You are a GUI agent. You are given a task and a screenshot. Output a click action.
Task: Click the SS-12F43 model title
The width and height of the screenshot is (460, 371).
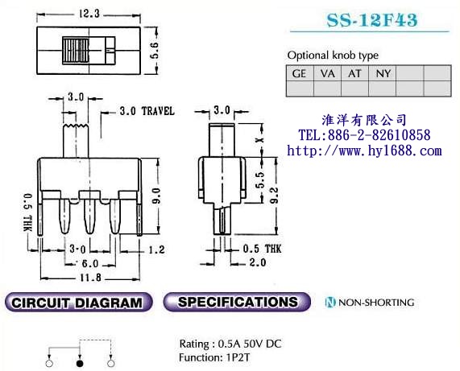pos(371,20)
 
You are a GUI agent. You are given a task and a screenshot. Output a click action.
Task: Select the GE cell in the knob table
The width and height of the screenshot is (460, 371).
pos(300,73)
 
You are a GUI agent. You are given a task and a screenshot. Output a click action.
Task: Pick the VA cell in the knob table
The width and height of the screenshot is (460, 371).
pos(327,73)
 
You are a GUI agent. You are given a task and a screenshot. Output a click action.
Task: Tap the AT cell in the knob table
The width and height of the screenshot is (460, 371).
pos(354,73)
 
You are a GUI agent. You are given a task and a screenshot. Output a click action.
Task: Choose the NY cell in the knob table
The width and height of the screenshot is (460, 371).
pos(383,73)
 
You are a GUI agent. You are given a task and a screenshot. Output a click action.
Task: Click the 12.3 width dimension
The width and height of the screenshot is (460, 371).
pos(89,14)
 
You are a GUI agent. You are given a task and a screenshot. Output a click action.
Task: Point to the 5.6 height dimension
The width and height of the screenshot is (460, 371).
pos(155,50)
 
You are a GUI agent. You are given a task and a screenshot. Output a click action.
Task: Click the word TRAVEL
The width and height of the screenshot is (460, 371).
pos(158,111)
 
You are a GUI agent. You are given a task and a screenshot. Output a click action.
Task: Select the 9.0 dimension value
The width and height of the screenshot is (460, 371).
pos(157,196)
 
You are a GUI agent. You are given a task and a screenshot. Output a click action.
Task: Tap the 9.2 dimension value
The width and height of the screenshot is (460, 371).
pos(275,196)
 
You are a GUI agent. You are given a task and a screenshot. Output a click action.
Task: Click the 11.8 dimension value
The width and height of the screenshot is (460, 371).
pos(91,277)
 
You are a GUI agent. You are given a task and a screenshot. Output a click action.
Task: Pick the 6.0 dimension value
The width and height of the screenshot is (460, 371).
pos(89,264)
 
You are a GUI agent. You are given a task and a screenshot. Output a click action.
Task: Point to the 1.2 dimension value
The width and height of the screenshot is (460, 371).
pos(156,249)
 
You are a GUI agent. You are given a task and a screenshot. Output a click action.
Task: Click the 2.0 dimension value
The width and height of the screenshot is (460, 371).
pos(258,262)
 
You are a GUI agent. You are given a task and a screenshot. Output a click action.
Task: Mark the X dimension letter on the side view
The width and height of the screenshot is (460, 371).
pos(260,140)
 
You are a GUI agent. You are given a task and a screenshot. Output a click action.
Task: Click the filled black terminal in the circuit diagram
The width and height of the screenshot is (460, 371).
pos(80,364)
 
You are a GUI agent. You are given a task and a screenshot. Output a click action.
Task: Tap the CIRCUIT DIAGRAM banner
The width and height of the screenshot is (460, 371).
pos(79,302)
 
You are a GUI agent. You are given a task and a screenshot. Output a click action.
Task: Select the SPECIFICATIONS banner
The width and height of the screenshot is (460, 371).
pos(237,302)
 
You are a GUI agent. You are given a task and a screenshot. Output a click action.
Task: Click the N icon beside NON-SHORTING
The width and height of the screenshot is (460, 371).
pos(330,302)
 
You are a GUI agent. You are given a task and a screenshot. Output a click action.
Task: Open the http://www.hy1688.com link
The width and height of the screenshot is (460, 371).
pos(364,150)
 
